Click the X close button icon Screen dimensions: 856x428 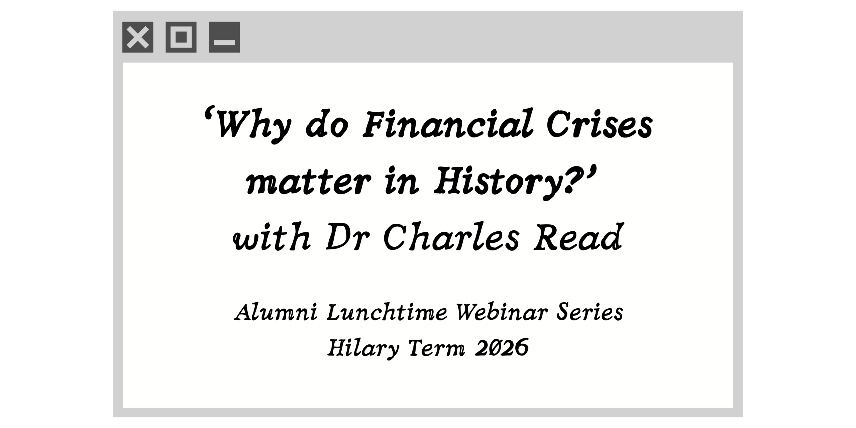[x=138, y=37]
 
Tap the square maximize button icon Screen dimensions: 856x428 [x=181, y=37]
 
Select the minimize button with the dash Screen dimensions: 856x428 [x=224, y=37]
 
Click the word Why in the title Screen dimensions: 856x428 [x=252, y=125]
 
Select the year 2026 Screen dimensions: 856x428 [x=502, y=348]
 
